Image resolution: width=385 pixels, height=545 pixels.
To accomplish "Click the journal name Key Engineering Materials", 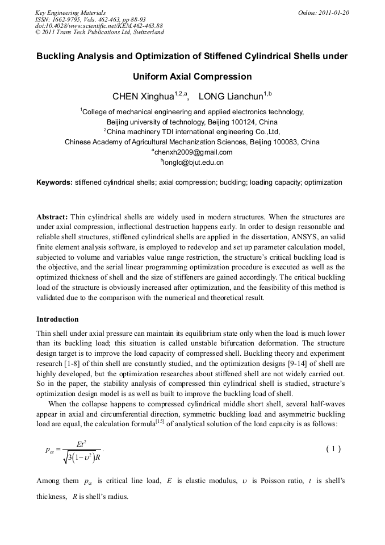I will point(70,13).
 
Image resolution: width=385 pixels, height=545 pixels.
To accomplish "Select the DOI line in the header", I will point(99,26).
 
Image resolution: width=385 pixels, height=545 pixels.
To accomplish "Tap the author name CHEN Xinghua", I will point(145,97).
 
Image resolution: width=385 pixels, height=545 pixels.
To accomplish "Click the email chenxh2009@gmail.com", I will point(193,152).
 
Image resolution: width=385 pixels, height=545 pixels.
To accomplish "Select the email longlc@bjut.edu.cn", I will point(193,163).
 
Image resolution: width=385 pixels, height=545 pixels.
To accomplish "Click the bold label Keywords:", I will point(55,182).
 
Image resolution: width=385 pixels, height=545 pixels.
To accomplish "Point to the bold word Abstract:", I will point(52,217).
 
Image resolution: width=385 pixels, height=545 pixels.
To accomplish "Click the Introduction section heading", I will point(57,319).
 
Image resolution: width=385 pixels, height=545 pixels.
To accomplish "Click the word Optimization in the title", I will point(150,56).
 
